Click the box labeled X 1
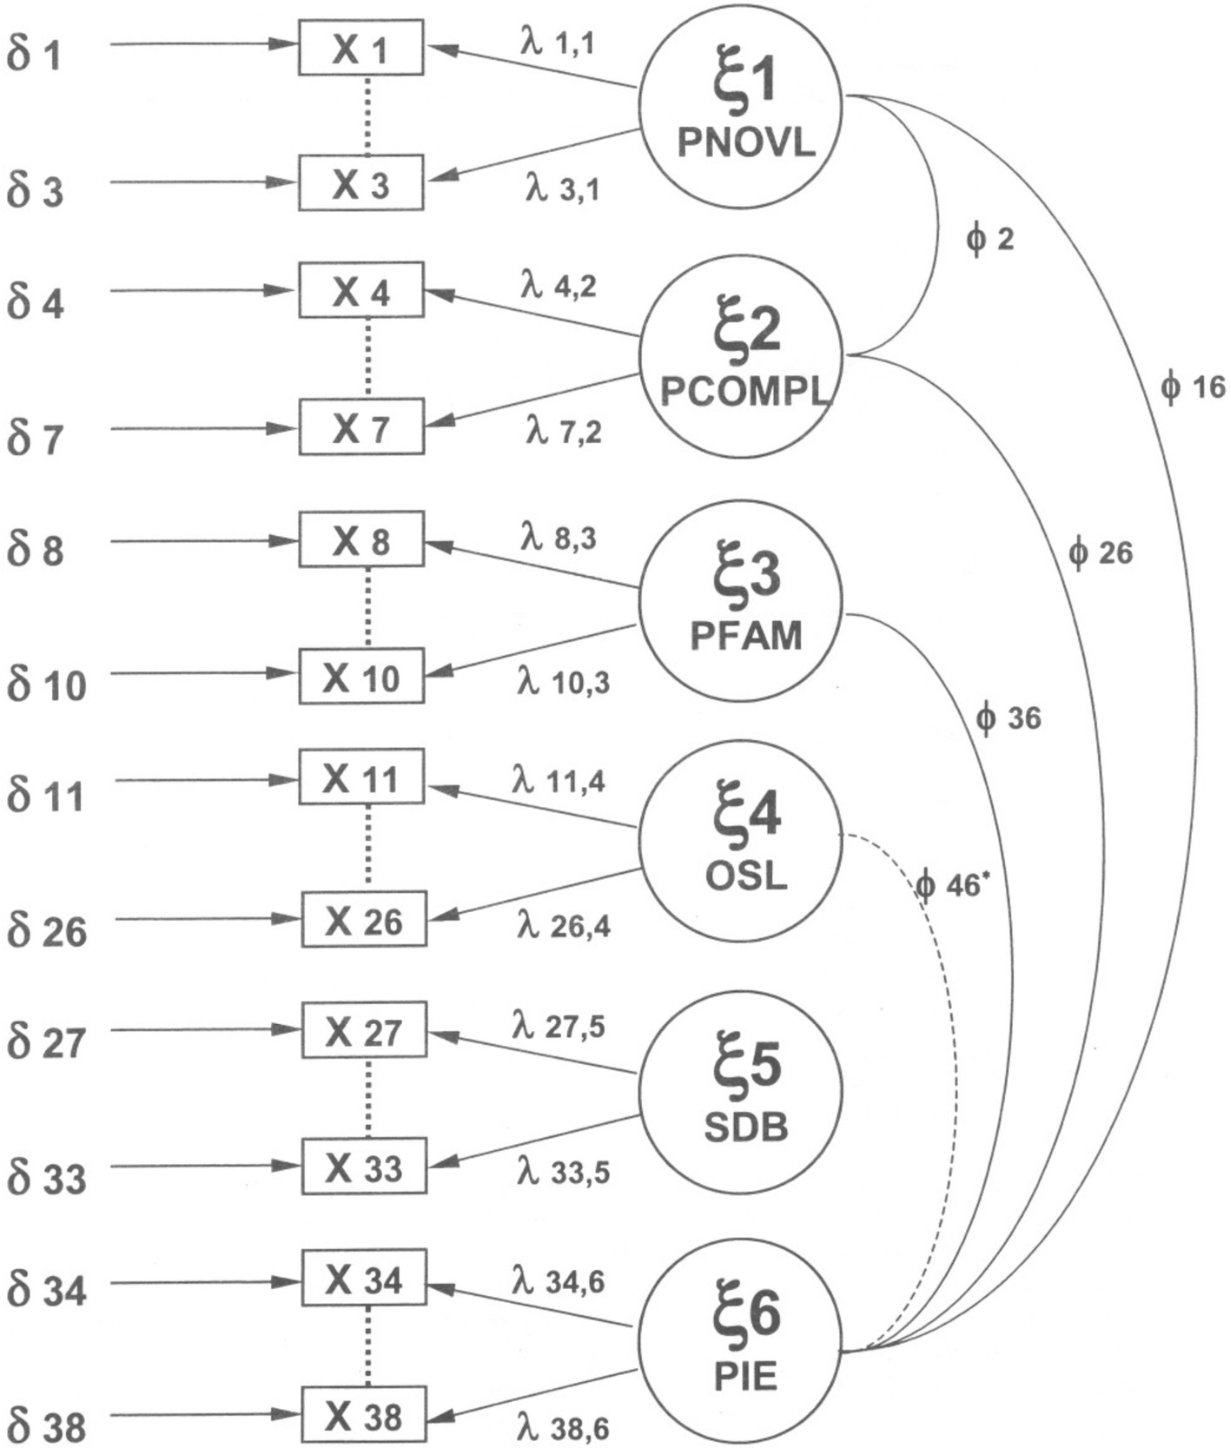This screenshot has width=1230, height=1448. [x=361, y=48]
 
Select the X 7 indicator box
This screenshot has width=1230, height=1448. [x=361, y=426]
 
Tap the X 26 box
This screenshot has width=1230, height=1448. [x=364, y=919]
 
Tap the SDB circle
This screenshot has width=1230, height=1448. [x=741, y=1094]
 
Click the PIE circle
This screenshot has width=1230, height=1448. [x=741, y=1342]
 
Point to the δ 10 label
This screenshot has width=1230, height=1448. [x=47, y=684]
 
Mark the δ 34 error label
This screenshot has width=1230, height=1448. [x=47, y=1289]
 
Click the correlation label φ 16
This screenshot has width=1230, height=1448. [x=1192, y=387]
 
